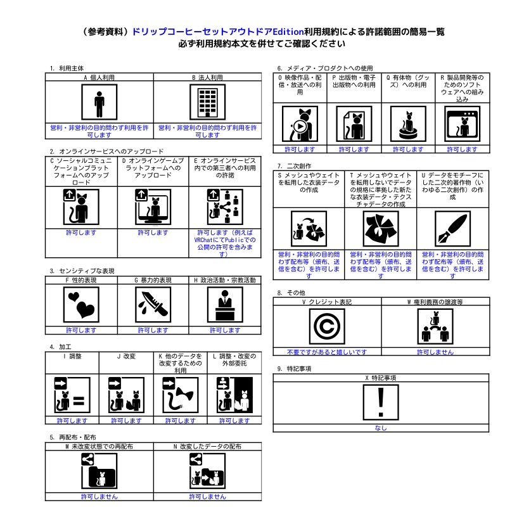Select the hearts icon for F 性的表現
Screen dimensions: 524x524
click(82, 305)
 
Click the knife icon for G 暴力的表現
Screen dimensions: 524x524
click(153, 305)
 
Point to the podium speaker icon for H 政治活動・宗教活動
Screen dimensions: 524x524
click(224, 305)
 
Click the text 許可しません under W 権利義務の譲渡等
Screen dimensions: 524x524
click(435, 352)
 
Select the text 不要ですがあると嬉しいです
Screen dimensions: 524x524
click(326, 352)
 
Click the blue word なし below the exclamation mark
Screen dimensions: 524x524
click(381, 428)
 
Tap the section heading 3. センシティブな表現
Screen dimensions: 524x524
click(82, 271)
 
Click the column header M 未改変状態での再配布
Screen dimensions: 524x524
click(99, 447)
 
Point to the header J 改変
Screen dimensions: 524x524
click(126, 356)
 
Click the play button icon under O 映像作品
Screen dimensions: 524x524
click(299, 125)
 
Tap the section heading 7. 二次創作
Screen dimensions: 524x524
click(295, 165)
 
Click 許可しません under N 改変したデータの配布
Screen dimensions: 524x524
click(207, 497)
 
